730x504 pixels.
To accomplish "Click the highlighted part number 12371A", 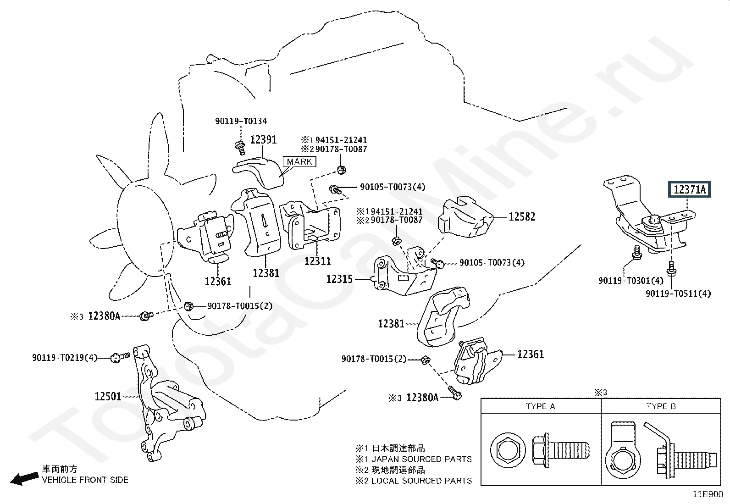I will click(689, 189).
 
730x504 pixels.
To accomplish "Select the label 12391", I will click(263, 139).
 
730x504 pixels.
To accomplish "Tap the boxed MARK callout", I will click(299, 161).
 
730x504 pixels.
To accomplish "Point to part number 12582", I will click(522, 216).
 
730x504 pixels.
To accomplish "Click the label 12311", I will click(317, 261).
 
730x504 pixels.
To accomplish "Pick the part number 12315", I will click(339, 279).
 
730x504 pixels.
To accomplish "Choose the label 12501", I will click(108, 396).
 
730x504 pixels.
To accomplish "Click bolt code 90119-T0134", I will click(241, 121).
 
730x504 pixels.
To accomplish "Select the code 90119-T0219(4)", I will click(65, 357).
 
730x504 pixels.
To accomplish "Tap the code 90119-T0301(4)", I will click(631, 280).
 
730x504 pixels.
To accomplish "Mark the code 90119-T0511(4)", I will click(678, 293).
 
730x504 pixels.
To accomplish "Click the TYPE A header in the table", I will click(540, 406).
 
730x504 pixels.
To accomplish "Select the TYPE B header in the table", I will click(661, 406).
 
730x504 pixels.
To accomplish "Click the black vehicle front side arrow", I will click(24, 479).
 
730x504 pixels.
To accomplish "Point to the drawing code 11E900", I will click(708, 494).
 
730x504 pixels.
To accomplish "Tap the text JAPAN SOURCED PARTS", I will click(421, 459).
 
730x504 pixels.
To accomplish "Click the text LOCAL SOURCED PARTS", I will click(421, 481).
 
